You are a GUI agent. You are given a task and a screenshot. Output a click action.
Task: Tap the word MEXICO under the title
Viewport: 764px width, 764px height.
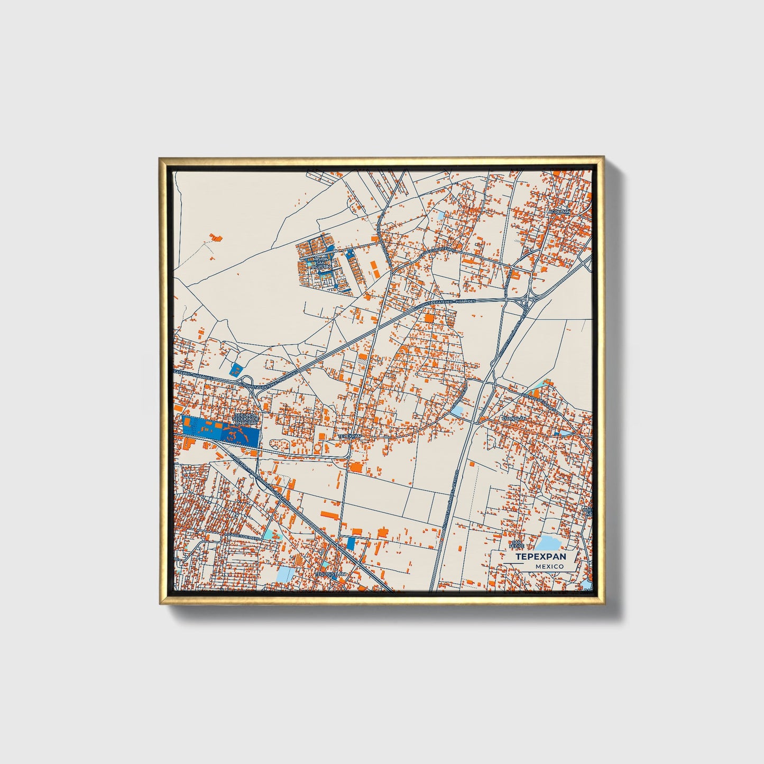[x=549, y=566]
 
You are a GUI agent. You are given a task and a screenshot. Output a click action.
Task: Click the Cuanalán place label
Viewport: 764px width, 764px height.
[x=514, y=418]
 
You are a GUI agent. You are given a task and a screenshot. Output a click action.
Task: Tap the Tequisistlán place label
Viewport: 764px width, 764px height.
[x=330, y=574]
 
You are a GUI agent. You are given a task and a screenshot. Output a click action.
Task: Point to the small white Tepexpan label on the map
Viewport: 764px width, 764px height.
[x=349, y=437]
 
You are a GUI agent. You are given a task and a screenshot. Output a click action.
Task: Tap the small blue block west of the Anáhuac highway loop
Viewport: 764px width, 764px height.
[x=236, y=370]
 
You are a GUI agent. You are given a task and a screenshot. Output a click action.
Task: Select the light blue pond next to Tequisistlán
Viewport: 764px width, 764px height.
[x=286, y=574]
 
